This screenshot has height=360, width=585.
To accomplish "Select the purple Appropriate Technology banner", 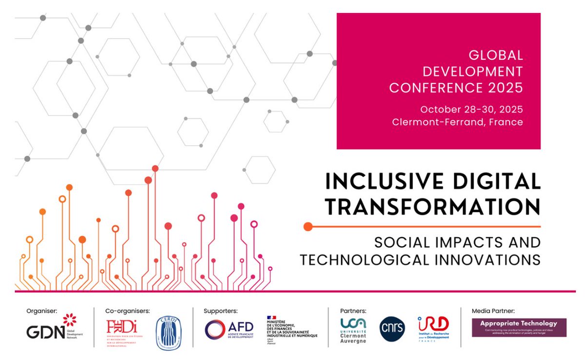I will coord(519,327).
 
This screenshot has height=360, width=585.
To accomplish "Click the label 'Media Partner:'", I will coord(493,310).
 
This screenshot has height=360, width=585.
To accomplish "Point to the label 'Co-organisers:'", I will coord(127,310).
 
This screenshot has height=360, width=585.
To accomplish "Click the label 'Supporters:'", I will coord(220,310).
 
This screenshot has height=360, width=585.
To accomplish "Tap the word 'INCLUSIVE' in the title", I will coord(375,181).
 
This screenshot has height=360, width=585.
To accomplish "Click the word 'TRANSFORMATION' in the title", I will coord(433,206).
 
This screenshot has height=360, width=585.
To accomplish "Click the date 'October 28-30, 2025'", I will coord(471,109).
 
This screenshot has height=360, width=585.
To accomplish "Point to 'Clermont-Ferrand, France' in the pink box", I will coord(457,122).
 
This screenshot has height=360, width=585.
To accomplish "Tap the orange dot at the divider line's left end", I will coord(308,226).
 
